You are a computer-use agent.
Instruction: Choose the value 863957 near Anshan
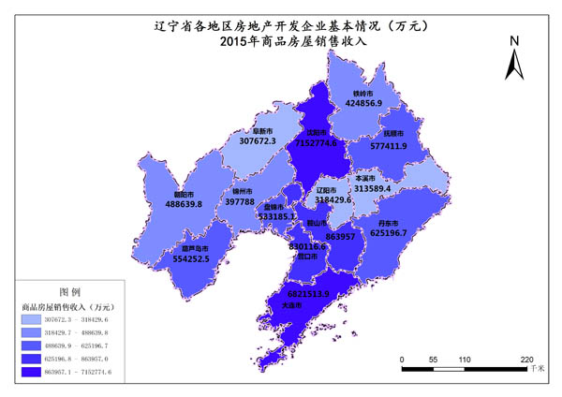coord(339,237)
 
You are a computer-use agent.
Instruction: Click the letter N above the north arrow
coord(513,41)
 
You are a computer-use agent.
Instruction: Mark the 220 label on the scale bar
coord(526,360)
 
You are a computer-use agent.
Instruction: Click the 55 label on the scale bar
coord(433,360)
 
